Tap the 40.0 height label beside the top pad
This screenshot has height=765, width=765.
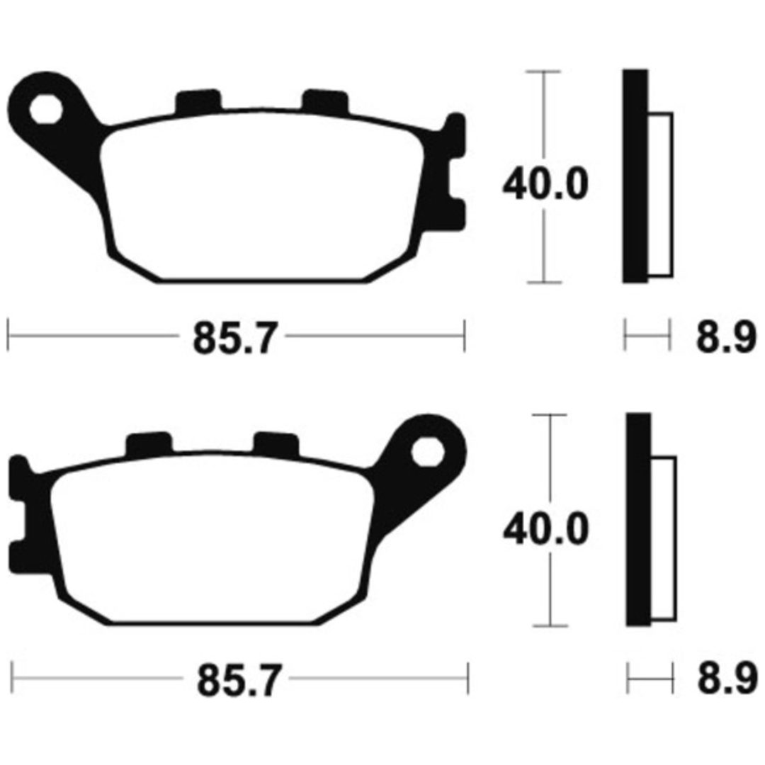pos(545,184)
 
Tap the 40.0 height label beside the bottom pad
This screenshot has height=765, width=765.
pos(546,529)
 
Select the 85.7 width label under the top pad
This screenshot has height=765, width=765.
pos(236,337)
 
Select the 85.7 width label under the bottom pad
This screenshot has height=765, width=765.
pos(239,680)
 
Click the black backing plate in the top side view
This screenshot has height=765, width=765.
pos(635,176)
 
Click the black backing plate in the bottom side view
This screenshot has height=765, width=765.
pos(639,519)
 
